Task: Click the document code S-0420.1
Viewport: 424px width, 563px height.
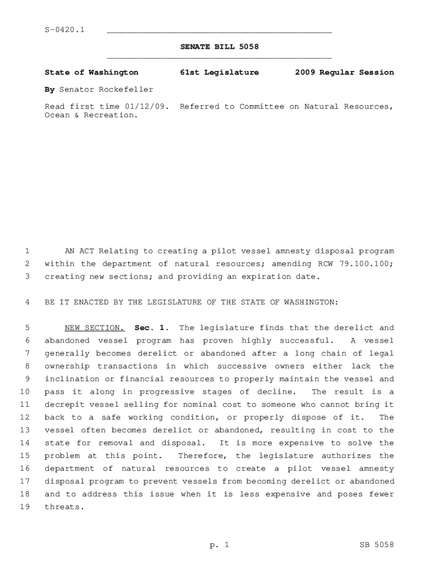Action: (64, 29)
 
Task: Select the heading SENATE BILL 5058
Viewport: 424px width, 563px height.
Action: (219, 47)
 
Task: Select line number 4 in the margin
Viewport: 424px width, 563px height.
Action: (27, 302)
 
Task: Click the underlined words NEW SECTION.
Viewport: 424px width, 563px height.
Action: (95, 328)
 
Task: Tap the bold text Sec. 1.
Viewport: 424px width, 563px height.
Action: (150, 328)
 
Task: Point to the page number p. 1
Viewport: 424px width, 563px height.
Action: (219, 545)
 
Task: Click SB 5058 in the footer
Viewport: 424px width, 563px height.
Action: (377, 545)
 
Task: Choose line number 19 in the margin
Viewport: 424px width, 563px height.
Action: (25, 507)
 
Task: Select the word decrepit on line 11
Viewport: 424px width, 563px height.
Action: (64, 405)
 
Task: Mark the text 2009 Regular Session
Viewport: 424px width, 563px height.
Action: (344, 72)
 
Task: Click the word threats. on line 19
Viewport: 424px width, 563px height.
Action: (64, 507)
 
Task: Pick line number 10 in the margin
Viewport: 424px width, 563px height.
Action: (25, 392)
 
